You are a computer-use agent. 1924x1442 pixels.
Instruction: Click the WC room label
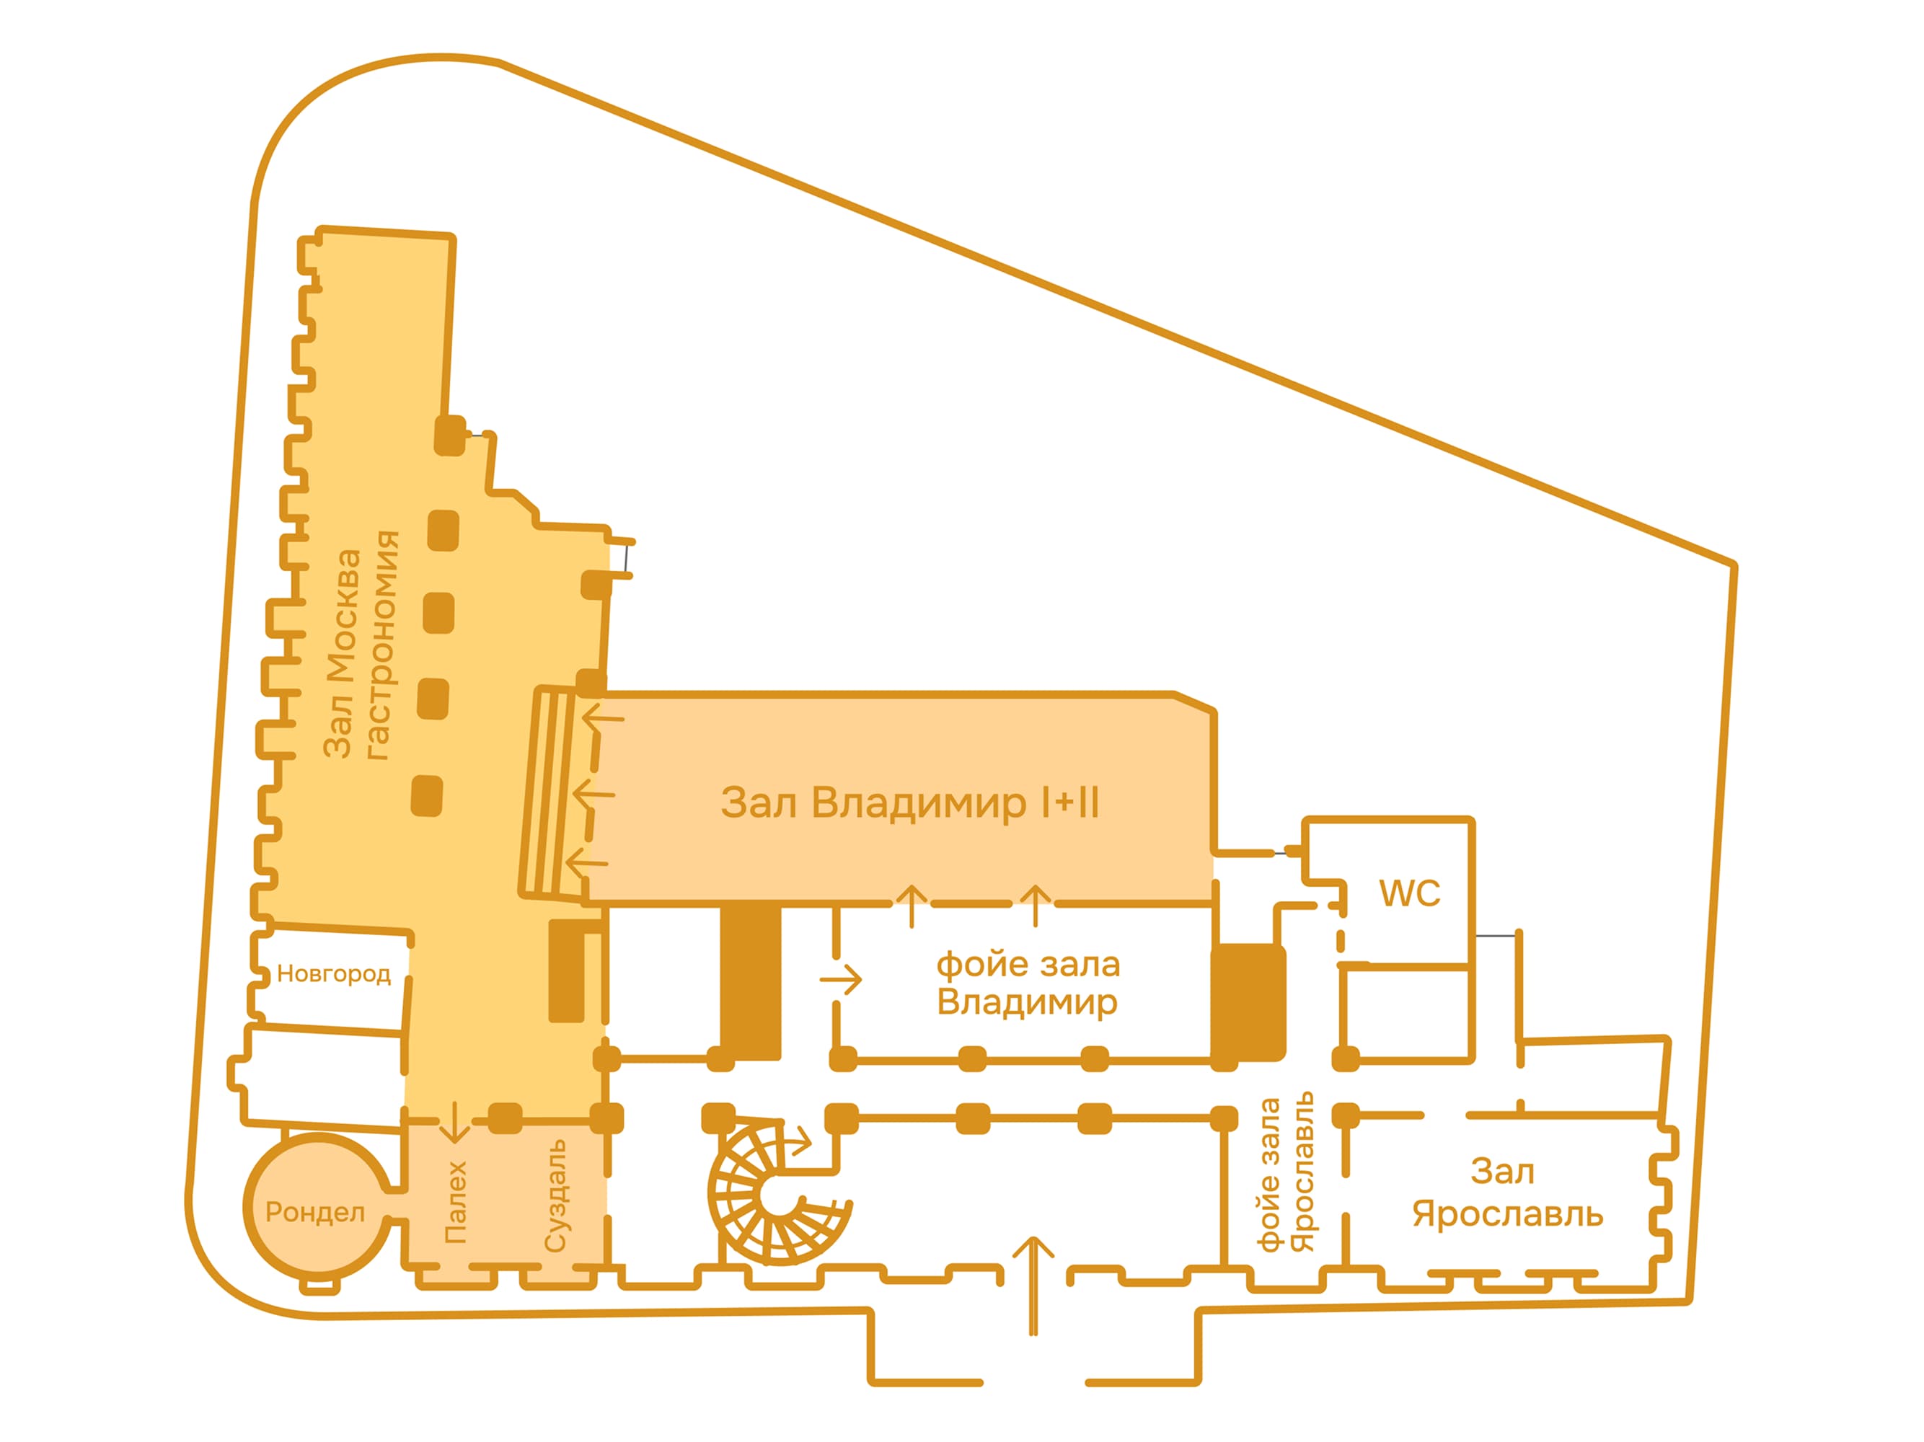(x=1409, y=893)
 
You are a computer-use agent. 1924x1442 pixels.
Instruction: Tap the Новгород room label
(x=334, y=974)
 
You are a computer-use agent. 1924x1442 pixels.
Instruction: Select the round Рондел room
(x=315, y=1207)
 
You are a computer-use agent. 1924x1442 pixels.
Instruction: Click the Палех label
(x=456, y=1202)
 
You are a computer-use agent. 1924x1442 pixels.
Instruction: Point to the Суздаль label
(x=555, y=1196)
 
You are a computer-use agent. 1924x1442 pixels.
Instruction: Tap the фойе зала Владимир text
(x=1028, y=983)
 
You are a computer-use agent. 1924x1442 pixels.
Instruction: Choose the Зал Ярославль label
(x=1507, y=1193)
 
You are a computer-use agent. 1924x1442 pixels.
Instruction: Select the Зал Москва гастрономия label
(x=361, y=645)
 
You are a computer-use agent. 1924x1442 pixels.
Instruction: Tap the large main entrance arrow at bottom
(x=1033, y=1285)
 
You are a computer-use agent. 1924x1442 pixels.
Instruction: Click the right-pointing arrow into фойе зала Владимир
(x=840, y=979)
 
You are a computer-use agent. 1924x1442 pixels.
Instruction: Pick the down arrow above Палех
(x=454, y=1121)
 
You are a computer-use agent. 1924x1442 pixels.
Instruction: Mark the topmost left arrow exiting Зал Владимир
(x=602, y=717)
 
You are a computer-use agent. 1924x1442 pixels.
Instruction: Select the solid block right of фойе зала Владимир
(x=1248, y=1003)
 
